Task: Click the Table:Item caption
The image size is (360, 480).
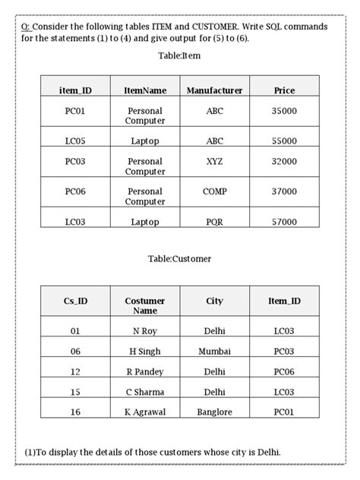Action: click(179, 56)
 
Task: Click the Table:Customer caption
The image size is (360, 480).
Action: click(180, 258)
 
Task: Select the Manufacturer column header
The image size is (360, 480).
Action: click(214, 90)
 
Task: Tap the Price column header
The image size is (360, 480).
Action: click(284, 90)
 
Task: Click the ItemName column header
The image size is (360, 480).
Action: click(145, 90)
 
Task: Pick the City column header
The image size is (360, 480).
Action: click(214, 302)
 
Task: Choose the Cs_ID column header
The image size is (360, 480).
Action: click(75, 302)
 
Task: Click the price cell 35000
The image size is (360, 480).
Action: click(284, 111)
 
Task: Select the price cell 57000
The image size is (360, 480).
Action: click(284, 222)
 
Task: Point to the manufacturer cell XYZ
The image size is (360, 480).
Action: click(214, 162)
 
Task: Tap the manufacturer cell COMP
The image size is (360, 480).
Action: click(214, 192)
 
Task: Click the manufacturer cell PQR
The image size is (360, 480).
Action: click(214, 222)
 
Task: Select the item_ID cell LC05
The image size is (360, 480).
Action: click(75, 141)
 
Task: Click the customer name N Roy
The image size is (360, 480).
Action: click(145, 331)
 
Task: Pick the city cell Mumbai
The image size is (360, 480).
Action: click(214, 352)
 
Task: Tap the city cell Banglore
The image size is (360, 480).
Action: click(214, 412)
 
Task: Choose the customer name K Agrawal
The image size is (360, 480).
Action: click(145, 412)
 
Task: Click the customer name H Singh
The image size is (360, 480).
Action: click(145, 352)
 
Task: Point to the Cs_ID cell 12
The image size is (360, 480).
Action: click(75, 372)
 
